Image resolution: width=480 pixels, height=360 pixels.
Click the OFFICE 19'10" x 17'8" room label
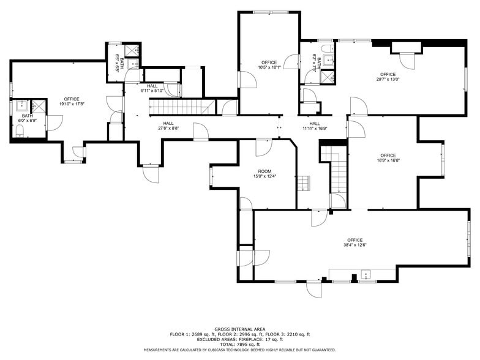(x=72, y=102)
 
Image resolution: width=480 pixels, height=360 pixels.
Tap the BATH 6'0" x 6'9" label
(x=28, y=118)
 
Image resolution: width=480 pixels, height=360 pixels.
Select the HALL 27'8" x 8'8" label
(x=168, y=126)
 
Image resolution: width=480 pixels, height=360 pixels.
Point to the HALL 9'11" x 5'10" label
(x=152, y=88)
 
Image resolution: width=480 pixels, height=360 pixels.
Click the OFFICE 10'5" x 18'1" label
(x=269, y=65)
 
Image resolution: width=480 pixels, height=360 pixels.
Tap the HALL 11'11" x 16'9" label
(x=315, y=126)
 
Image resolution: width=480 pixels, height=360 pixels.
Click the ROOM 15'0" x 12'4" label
(x=264, y=174)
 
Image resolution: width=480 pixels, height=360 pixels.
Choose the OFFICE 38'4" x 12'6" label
(x=354, y=242)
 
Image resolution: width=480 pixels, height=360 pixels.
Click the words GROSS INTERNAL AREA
(x=239, y=329)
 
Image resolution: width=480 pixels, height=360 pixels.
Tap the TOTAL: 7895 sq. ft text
(x=239, y=344)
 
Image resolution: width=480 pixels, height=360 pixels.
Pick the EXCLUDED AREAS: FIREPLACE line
(x=239, y=339)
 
